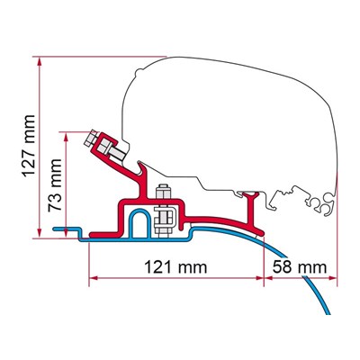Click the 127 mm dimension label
pyautogui.click(x=30, y=146)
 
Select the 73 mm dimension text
pyautogui.click(x=55, y=185)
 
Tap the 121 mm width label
pyautogui.click(x=175, y=266)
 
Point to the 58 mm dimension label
pyautogui.click(x=300, y=266)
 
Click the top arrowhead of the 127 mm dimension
pyautogui.click(x=39, y=61)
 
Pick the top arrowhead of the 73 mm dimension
pyautogui.click(x=66, y=136)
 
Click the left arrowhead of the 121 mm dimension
pyautogui.click(x=94, y=278)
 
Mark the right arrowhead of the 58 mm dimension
pyautogui.click(x=333, y=278)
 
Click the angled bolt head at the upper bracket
pyautogui.click(x=89, y=139)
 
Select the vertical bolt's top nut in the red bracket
pyautogui.click(x=164, y=191)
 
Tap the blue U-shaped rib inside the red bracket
pyautogui.click(x=139, y=222)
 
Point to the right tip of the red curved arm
pyautogui.click(x=262, y=232)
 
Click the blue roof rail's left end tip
pyautogui.click(x=55, y=229)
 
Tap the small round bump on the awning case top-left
pyautogui.click(x=139, y=72)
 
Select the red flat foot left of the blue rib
pyautogui.click(x=103, y=234)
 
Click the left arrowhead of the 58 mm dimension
pyautogui.click(x=268, y=278)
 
